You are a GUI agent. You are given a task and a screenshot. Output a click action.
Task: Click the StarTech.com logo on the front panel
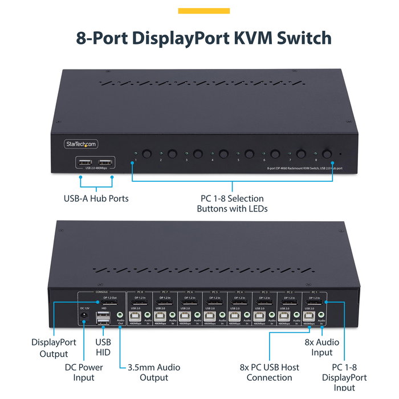click(81, 144)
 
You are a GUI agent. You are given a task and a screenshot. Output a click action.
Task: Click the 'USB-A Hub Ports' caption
click(96, 199)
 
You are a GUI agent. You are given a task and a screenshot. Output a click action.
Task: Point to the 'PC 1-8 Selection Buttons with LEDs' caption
click(232, 203)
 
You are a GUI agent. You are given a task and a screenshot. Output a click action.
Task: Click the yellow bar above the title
click(204, 11)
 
